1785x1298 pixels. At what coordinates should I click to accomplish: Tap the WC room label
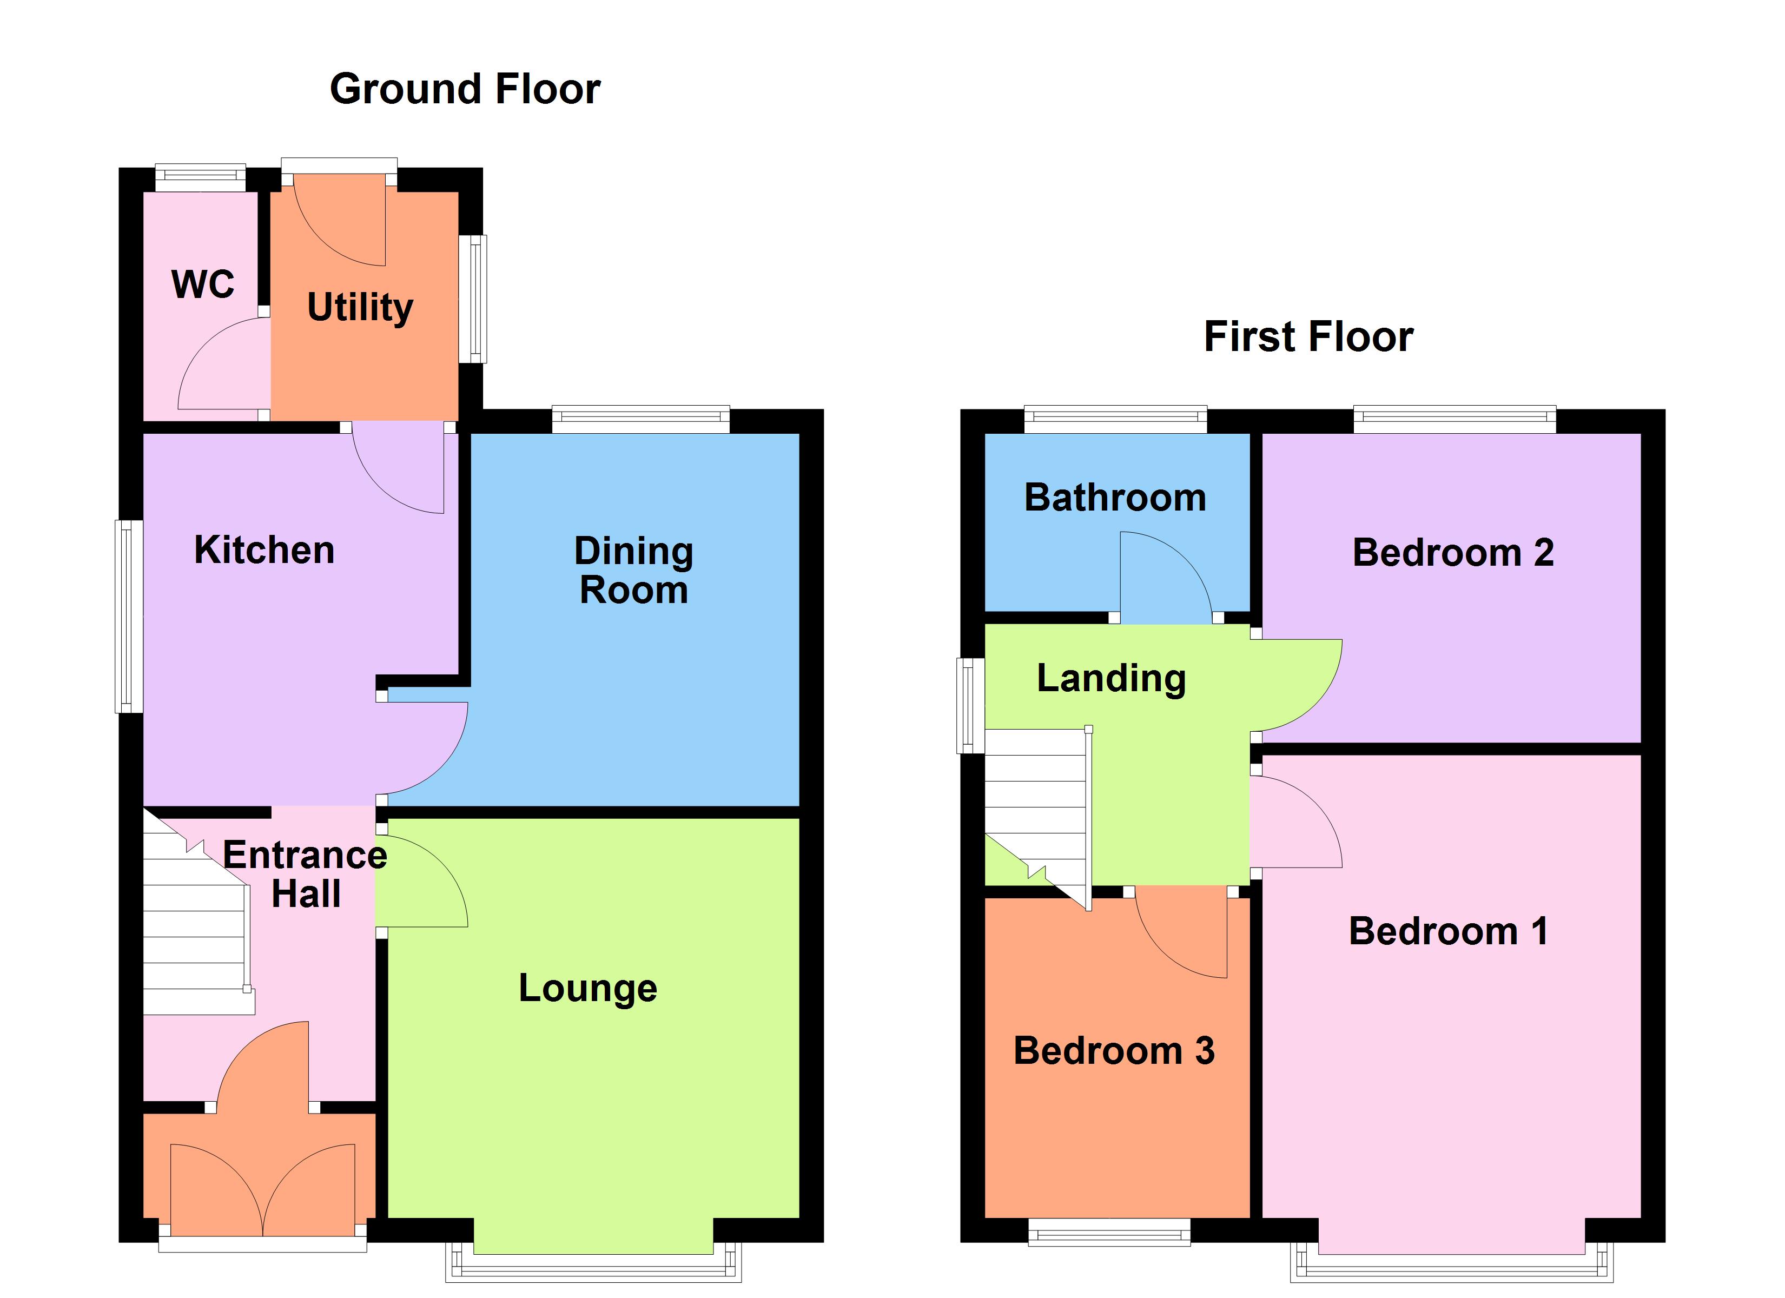(x=203, y=284)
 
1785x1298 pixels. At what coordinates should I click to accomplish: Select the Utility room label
(x=360, y=307)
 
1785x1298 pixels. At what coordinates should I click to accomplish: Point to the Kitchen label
(x=265, y=549)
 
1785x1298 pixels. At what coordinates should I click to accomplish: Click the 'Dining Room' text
(x=633, y=570)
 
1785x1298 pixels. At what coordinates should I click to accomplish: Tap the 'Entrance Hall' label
(x=306, y=874)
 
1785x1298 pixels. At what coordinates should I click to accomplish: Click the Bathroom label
(x=1114, y=498)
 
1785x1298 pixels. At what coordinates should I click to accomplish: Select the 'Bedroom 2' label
(x=1453, y=553)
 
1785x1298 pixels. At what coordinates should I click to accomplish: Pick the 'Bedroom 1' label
(x=1448, y=931)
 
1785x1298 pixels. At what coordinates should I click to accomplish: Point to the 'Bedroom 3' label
(x=1114, y=1051)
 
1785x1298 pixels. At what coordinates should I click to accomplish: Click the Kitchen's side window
(x=129, y=617)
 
